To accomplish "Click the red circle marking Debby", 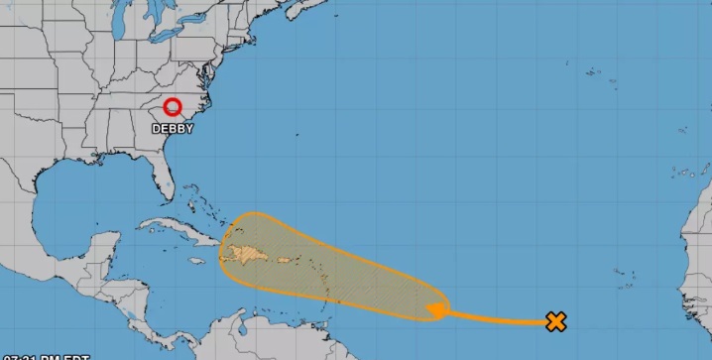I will pyautogui.click(x=173, y=108).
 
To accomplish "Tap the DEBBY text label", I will pyautogui.click(x=173, y=128).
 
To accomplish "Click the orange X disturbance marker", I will pyautogui.click(x=556, y=320).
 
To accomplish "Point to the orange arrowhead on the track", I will pyautogui.click(x=434, y=311).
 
